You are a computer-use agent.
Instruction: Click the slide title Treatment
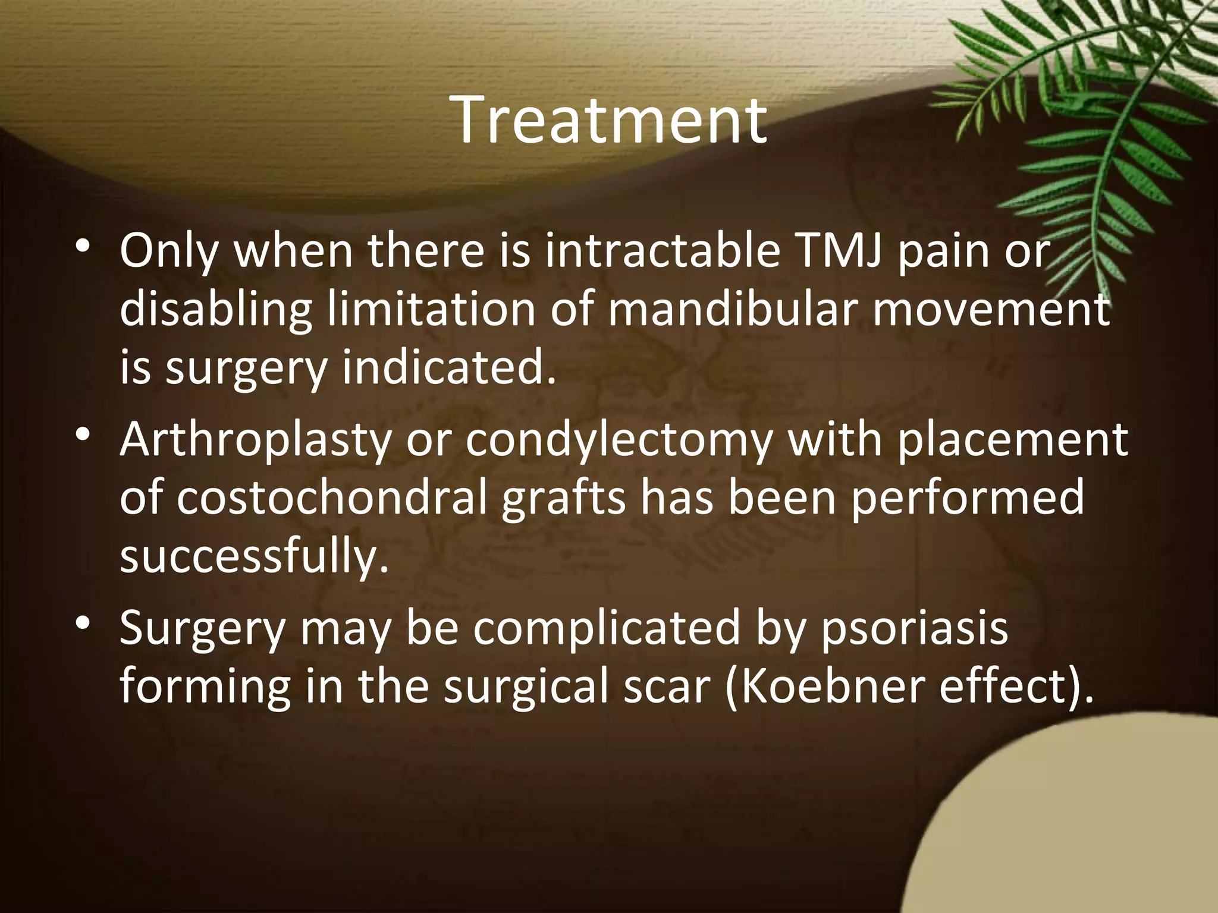[x=609, y=121]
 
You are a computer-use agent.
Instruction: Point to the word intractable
[x=661, y=251]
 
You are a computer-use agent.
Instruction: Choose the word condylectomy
[x=619, y=440]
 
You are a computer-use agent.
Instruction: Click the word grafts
[x=563, y=497]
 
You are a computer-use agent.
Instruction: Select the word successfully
[x=254, y=556]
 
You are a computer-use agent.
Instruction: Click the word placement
[x=1012, y=440]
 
